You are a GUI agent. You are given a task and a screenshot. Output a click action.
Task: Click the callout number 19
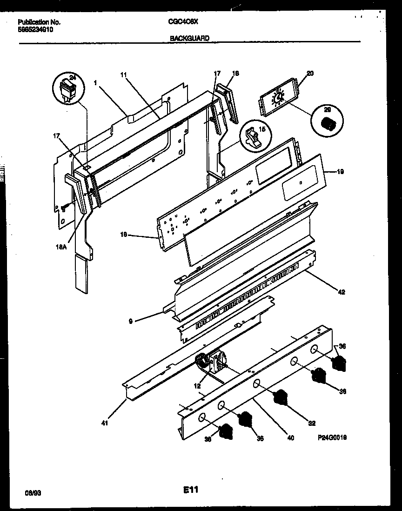click(x=340, y=172)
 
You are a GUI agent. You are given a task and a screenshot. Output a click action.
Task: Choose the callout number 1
click(x=95, y=82)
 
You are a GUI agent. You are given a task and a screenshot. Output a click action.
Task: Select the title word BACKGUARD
click(x=189, y=38)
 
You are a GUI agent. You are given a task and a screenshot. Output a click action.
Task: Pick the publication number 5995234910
click(x=36, y=28)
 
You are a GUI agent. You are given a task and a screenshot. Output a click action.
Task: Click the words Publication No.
click(x=40, y=21)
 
